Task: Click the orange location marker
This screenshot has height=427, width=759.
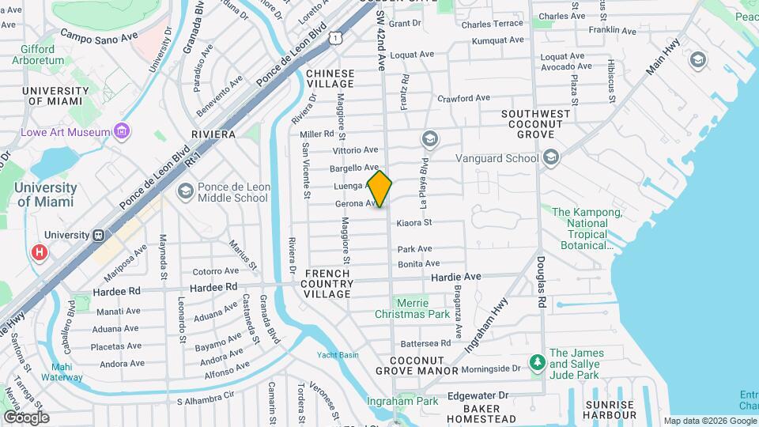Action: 379,189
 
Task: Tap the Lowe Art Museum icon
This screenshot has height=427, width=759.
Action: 121,130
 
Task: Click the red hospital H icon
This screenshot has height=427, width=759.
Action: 38,253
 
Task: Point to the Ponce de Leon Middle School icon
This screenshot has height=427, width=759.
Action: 185,191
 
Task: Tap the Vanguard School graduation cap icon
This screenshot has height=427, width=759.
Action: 551,158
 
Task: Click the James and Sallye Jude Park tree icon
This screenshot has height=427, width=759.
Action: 538,362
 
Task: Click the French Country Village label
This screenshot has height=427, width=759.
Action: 327,284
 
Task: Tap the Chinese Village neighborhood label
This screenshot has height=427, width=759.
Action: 330,78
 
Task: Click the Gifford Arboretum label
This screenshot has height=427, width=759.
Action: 37,55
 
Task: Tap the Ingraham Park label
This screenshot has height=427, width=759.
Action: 402,402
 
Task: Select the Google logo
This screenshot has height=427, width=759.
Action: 25,417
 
